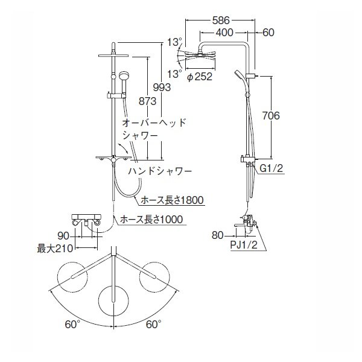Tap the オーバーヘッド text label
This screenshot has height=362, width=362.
154,122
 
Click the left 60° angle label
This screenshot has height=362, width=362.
73,325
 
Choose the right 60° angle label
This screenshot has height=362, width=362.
154,325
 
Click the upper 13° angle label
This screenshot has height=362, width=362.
174,43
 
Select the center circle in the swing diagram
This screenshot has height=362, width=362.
113,299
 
